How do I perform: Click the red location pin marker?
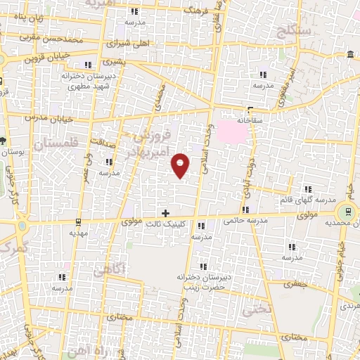(181, 164)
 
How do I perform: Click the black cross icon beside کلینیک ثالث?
(165, 212)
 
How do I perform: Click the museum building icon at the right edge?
(350, 55)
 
